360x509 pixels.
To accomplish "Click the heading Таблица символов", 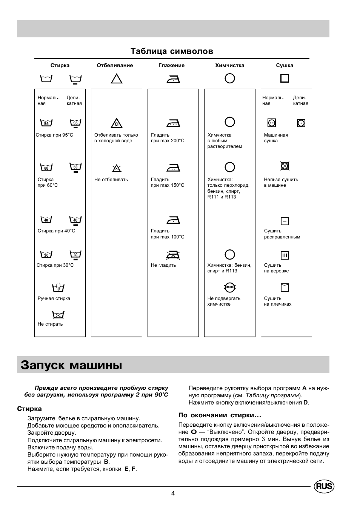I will [172, 51].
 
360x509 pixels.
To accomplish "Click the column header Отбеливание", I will [115, 65].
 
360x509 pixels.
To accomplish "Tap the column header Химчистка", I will [229, 65].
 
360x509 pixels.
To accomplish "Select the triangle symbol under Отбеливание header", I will [117, 78].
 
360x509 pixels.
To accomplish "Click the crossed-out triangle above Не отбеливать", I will [117, 168].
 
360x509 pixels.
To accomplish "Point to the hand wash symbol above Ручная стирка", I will [58, 287].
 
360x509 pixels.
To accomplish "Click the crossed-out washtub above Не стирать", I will [58, 314].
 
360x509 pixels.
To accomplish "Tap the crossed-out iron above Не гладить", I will [173, 255].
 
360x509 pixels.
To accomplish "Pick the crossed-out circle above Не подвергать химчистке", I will [229, 288].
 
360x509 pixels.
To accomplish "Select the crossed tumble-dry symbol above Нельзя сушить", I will [285, 166].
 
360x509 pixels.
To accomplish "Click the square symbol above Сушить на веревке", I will [285, 255].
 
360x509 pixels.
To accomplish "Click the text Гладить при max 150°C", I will [168, 182].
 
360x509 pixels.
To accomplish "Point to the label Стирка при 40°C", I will [56, 231].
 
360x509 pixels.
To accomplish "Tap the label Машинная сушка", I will [276, 138].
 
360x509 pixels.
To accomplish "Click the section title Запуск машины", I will [72, 365].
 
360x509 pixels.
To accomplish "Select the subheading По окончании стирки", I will [220, 415].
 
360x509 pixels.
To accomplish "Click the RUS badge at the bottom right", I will [324, 486].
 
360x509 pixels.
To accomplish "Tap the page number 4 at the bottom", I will [173, 493].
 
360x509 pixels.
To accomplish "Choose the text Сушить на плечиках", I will [277, 301].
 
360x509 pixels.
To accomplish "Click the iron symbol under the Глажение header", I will [173, 79].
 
